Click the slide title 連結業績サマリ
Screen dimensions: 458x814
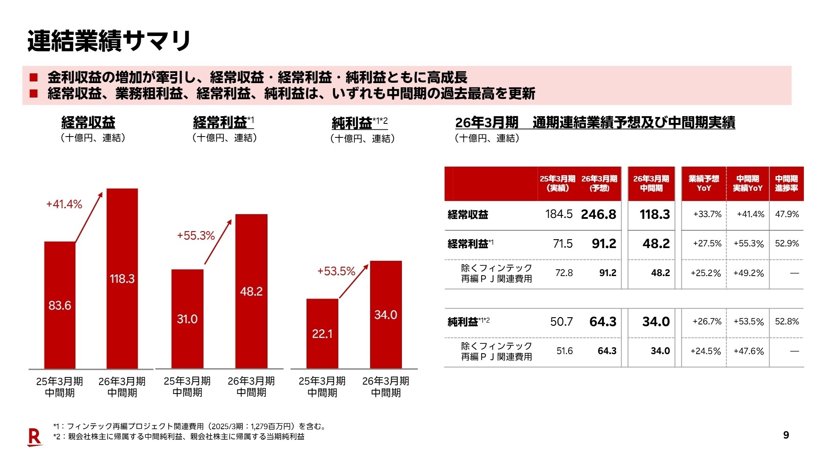pyautogui.click(x=109, y=41)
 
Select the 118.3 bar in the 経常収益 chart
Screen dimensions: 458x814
pyautogui.click(x=122, y=279)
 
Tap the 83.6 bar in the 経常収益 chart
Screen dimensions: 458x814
pyautogui.click(x=60, y=305)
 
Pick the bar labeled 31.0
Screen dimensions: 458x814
pyautogui.click(x=187, y=319)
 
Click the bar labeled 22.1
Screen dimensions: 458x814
pyautogui.click(x=322, y=334)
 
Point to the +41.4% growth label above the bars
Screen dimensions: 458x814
pyautogui.click(x=64, y=204)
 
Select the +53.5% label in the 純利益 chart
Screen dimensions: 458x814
pyautogui.click(x=336, y=271)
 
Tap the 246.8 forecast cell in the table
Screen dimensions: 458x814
pyautogui.click(x=598, y=215)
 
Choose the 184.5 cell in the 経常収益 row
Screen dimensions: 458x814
pyautogui.click(x=559, y=215)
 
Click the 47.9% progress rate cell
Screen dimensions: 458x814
pyautogui.click(x=787, y=215)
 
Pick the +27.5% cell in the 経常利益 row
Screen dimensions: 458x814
pyautogui.click(x=707, y=244)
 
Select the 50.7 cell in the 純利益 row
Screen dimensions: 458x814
pyautogui.click(x=561, y=322)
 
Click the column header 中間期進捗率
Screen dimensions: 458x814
pyautogui.click(x=786, y=184)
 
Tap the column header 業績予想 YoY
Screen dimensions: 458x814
pyautogui.click(x=704, y=184)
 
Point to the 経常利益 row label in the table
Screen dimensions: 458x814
pyautogui.click(x=468, y=244)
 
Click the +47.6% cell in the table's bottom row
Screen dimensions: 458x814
pyautogui.click(x=748, y=352)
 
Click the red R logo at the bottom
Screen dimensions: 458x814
pyautogui.click(x=34, y=437)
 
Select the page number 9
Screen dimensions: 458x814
pyautogui.click(x=786, y=435)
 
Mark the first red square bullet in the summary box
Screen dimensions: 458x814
pyautogui.click(x=33, y=78)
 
